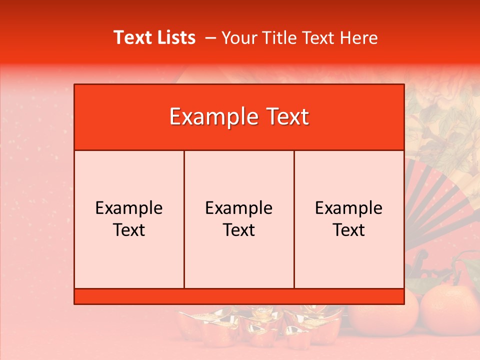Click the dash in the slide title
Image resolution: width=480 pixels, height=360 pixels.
click(210, 38)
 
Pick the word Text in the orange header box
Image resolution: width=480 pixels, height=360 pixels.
click(287, 117)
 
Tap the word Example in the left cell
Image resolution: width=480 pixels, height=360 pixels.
click(129, 208)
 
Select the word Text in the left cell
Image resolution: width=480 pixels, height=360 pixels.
click(129, 230)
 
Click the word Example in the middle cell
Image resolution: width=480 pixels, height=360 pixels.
click(239, 208)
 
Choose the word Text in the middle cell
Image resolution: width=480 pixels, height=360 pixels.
click(239, 230)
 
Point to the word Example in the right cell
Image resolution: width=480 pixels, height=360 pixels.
click(349, 208)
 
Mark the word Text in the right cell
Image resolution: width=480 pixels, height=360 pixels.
click(349, 230)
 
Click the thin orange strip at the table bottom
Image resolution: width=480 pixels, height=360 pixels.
click(239, 296)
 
